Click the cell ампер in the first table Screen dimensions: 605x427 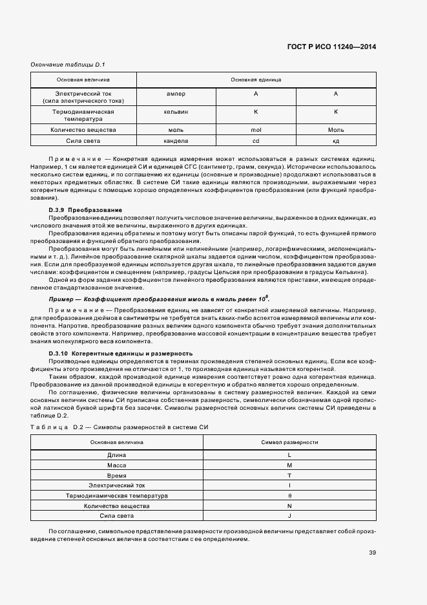pyautogui.click(x=176, y=94)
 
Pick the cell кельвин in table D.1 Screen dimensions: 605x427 pyautogui.click(x=176, y=112)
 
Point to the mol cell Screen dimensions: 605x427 pyautogui.click(x=256, y=130)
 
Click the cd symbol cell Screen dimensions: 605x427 pyautogui.click(x=256, y=140)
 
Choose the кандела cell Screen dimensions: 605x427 pyautogui.click(x=176, y=140)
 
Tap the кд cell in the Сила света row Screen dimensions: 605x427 pyautogui.click(x=336, y=140)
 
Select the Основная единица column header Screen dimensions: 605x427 pyautogui.click(x=256, y=80)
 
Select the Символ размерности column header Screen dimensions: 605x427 pyautogui.click(x=289, y=442)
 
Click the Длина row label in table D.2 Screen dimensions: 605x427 pyautogui.click(x=117, y=456)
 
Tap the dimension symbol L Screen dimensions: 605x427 pyautogui.click(x=289, y=456)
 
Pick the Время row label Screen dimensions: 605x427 pyautogui.click(x=117, y=476)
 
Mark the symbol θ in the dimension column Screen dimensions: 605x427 pyautogui.click(x=289, y=496)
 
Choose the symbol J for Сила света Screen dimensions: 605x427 pyautogui.click(x=289, y=515)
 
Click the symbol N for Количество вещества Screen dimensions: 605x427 pyautogui.click(x=289, y=505)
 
